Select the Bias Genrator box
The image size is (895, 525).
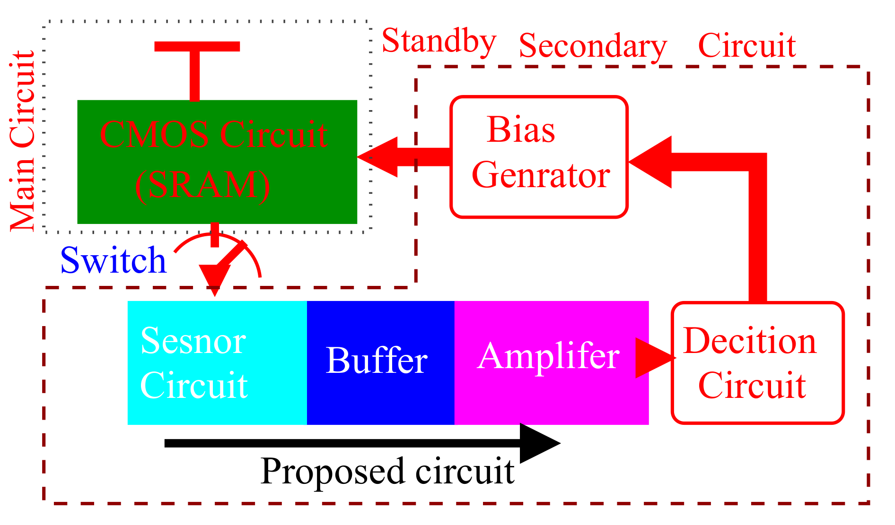pyautogui.click(x=539, y=157)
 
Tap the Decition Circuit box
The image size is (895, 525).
pyautogui.click(x=757, y=362)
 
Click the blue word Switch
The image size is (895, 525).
pyautogui.click(x=113, y=261)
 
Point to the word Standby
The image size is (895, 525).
pyautogui.click(x=439, y=42)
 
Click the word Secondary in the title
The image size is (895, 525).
pyautogui.click(x=592, y=46)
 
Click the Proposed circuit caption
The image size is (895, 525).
pyautogui.click(x=387, y=471)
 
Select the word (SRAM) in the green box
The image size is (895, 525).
pyautogui.click(x=202, y=185)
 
